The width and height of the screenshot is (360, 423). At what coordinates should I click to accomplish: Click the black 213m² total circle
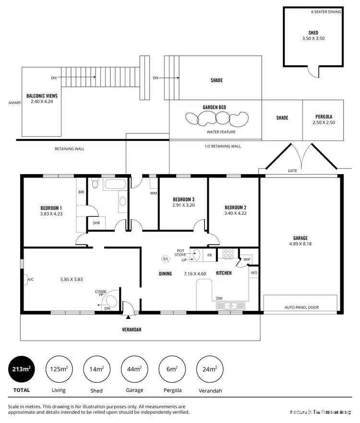[21, 369]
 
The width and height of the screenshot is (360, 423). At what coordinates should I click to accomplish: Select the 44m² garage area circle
[134, 369]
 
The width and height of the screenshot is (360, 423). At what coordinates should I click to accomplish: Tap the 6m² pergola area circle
[172, 369]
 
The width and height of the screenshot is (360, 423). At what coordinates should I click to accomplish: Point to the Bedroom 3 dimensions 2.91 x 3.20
[184, 205]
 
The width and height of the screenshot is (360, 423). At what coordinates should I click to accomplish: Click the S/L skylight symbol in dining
[166, 259]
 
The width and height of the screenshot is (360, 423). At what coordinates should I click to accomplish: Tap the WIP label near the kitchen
[247, 259]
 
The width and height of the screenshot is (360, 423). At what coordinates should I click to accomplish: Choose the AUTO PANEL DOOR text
[301, 307]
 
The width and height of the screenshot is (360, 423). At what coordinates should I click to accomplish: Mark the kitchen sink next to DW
[230, 305]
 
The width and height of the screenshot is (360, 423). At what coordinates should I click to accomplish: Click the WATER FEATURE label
[221, 132]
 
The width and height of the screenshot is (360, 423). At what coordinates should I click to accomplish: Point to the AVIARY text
[14, 103]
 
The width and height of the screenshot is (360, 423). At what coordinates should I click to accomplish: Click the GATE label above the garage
[292, 171]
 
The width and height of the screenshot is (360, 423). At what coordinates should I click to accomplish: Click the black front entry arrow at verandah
[128, 317]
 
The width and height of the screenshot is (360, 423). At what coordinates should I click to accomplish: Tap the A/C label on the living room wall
[30, 279]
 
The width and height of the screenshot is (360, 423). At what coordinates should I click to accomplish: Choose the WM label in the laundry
[154, 193]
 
